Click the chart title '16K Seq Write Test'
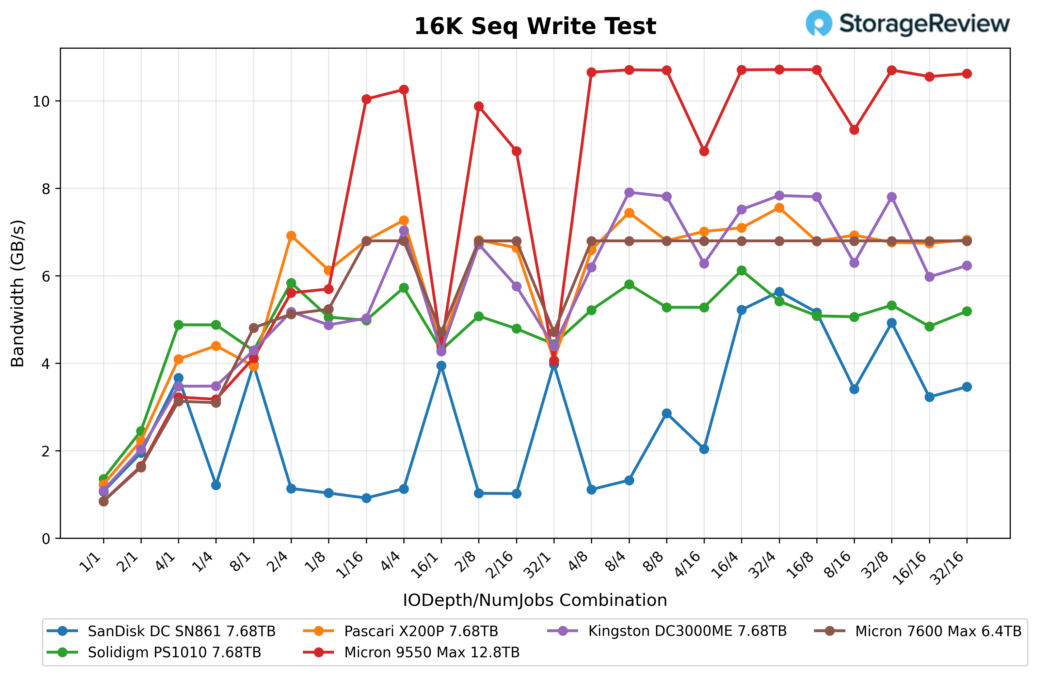[535, 26]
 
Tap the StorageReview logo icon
[819, 23]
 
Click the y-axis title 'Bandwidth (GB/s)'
[17, 293]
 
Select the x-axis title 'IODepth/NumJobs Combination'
[535, 600]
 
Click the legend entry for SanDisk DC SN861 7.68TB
[181, 631]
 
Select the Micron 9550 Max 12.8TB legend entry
[431, 653]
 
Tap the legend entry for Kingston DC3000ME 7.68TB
[687, 631]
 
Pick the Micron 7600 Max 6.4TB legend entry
[938, 631]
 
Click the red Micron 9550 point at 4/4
[404, 90]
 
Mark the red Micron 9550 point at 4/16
[704, 151]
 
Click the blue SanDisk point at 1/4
[216, 485]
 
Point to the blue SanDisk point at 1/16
[366, 498]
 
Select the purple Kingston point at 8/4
[629, 192]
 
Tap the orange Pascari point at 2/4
[291, 236]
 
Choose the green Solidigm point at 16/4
[741, 270]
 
